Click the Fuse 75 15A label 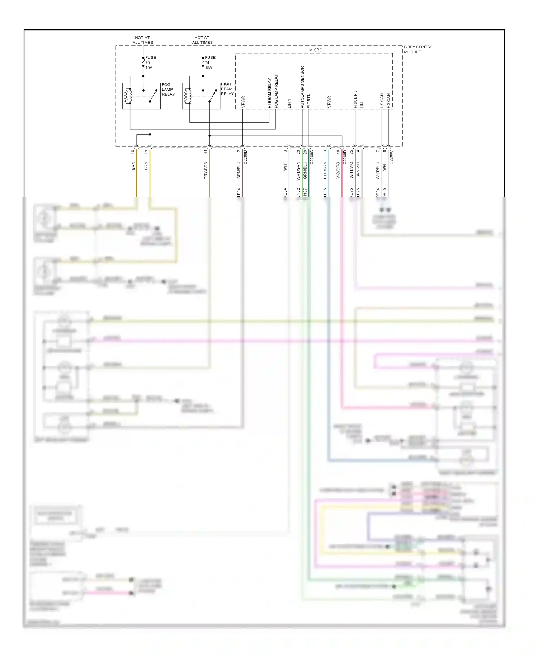tap(150, 62)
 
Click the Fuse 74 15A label tap(210, 62)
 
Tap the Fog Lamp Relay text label tap(168, 89)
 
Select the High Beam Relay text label tap(227, 89)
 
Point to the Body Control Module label tap(419, 49)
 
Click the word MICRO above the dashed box tap(316, 50)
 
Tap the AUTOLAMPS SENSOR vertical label tap(302, 87)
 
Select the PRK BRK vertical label tap(355, 99)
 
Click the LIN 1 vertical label tap(289, 103)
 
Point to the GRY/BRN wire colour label tap(206, 170)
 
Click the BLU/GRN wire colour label tap(325, 170)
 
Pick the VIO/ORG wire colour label tap(338, 170)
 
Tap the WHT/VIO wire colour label tap(351, 170)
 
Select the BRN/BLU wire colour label tap(239, 170)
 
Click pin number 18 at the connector tap(133, 152)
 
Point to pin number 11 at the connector tap(206, 152)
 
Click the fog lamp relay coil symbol tap(128, 96)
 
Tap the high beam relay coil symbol tap(187, 96)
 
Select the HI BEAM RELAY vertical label tap(269, 93)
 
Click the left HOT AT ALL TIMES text tap(142, 40)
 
